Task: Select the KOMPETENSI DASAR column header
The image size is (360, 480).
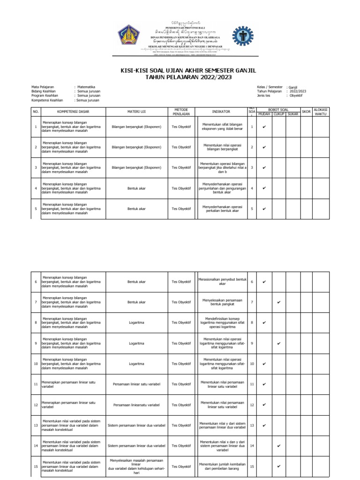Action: coord(73,112)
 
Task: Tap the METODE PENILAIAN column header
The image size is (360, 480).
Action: coord(181,112)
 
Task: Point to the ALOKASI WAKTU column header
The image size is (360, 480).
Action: coord(321,112)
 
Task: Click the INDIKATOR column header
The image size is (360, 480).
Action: coord(221,112)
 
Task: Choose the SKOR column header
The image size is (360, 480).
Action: coord(306,112)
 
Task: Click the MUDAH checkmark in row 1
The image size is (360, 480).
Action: coord(264,127)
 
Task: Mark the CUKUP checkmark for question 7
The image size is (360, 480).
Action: coord(279,302)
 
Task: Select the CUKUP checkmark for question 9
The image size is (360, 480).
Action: coord(279,343)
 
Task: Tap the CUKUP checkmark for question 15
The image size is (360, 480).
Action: coord(279,466)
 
